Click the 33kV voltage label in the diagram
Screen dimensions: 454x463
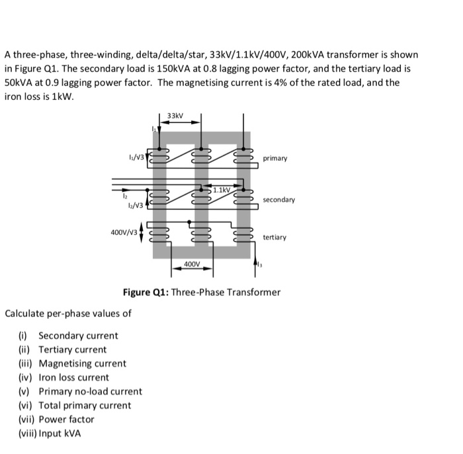175,116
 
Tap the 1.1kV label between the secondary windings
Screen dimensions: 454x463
222,190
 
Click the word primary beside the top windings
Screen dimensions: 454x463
274,159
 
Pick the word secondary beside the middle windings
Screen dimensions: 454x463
278,199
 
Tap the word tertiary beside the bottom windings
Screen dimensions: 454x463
274,237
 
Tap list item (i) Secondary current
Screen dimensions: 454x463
69,336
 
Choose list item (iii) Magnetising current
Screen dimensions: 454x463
72,363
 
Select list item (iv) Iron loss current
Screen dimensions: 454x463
64,377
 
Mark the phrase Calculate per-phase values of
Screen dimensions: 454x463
68,313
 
